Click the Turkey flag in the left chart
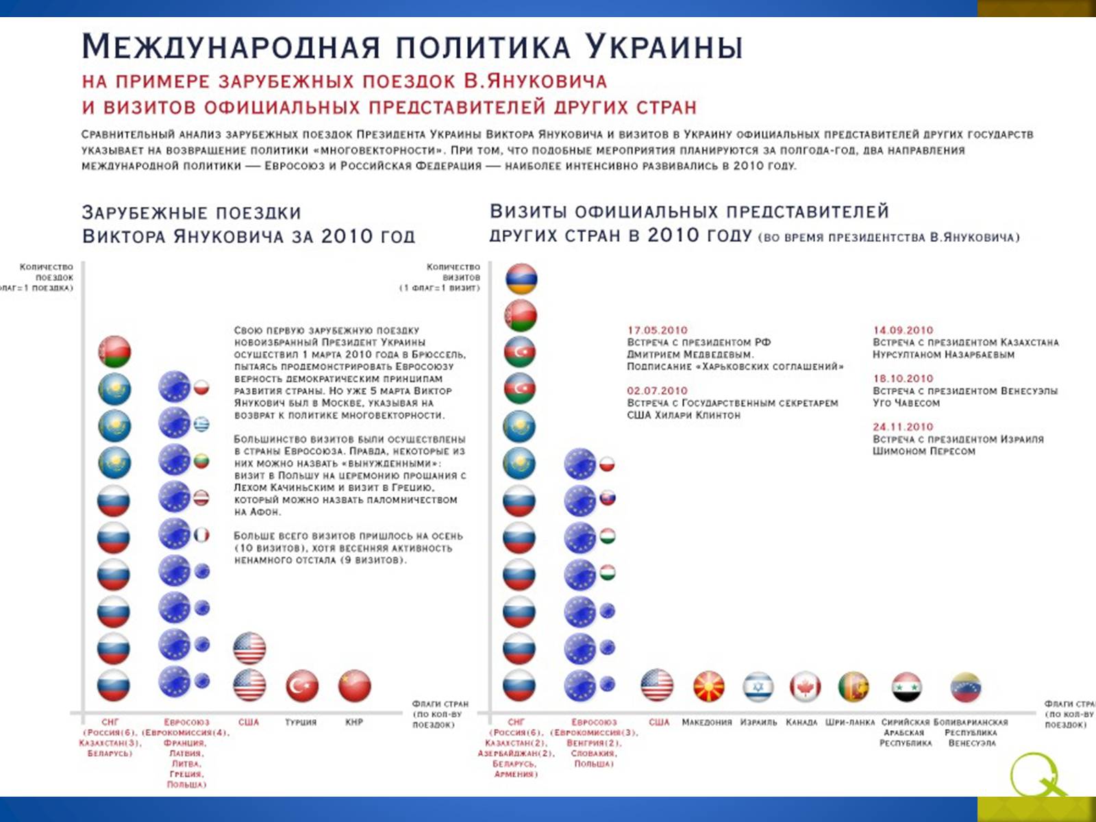click(302, 686)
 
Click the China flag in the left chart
click(355, 686)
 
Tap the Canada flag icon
click(805, 686)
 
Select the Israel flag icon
click(758, 686)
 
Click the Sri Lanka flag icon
click(854, 686)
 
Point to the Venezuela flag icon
click(966, 687)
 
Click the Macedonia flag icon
click(709, 686)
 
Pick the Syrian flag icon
click(906, 686)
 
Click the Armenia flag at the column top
click(521, 279)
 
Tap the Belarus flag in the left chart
click(114, 352)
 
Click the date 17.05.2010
click(657, 330)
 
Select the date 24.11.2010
click(903, 427)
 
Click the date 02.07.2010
click(657, 390)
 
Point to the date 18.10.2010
click(903, 378)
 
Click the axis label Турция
click(301, 722)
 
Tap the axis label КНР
click(354, 722)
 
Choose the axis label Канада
click(801, 722)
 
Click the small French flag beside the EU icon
click(201, 535)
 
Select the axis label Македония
click(706, 722)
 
